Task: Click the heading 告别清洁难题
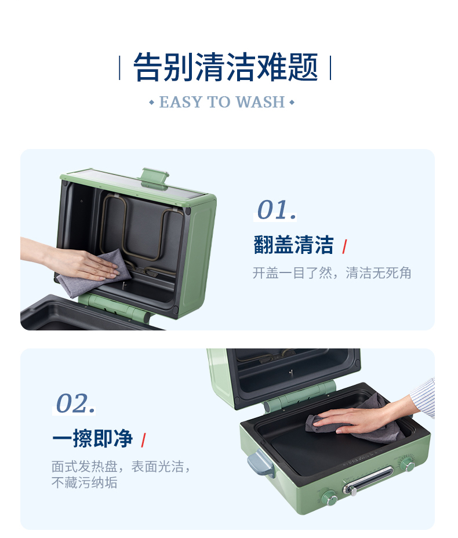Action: click(x=226, y=67)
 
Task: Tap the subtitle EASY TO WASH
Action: click(x=222, y=102)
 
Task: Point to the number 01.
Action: click(x=277, y=210)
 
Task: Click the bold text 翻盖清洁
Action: click(x=293, y=245)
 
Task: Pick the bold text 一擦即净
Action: click(x=92, y=438)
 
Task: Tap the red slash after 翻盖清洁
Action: click(x=344, y=247)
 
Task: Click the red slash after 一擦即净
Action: click(x=143, y=440)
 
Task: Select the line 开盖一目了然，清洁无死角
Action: click(x=332, y=273)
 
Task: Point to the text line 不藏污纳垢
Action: click(x=85, y=482)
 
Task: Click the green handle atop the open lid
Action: click(x=155, y=177)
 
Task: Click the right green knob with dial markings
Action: click(x=408, y=466)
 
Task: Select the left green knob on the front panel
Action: click(x=330, y=498)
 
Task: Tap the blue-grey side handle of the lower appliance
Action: click(x=260, y=464)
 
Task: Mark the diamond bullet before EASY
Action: click(x=152, y=102)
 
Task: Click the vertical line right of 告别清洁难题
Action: click(x=330, y=68)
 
